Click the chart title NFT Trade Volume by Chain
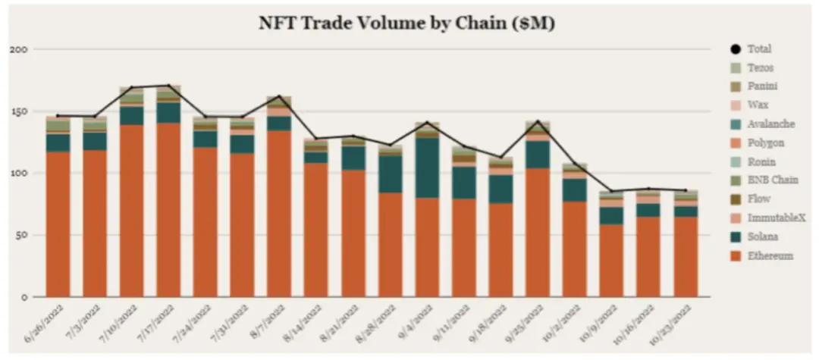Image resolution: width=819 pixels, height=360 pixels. pyautogui.click(x=408, y=23)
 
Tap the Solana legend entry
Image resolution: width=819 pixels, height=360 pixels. pyautogui.click(x=761, y=237)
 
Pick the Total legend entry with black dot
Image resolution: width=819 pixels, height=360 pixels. pyautogui.click(x=758, y=49)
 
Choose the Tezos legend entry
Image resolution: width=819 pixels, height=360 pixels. pyautogui.click(x=760, y=67)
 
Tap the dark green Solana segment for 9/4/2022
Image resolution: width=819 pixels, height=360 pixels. pyautogui.click(x=428, y=167)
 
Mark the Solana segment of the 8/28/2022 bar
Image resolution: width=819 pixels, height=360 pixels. pyautogui.click(x=391, y=174)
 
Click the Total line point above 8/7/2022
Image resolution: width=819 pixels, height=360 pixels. pyautogui.click(x=280, y=97)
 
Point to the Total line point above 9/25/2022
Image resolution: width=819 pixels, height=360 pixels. pyautogui.click(x=538, y=121)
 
